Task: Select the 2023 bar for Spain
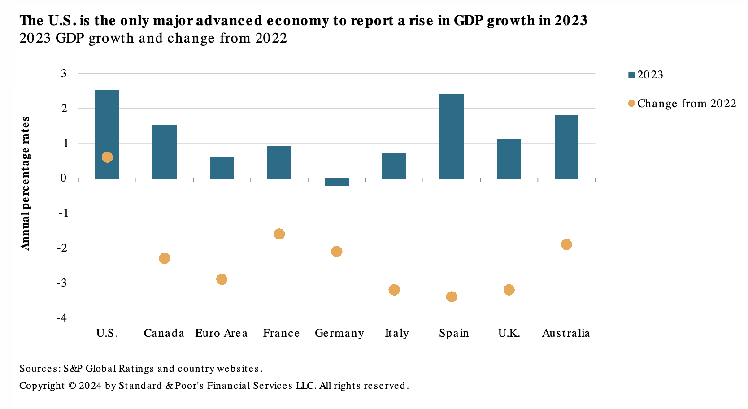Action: pyautogui.click(x=451, y=136)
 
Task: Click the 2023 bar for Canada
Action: pyautogui.click(x=164, y=152)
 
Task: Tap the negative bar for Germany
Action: pyautogui.click(x=336, y=182)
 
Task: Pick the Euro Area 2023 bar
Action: pyautogui.click(x=222, y=167)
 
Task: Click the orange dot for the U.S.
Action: pyautogui.click(x=107, y=157)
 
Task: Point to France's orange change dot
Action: pyautogui.click(x=279, y=234)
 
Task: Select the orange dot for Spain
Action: pyautogui.click(x=452, y=297)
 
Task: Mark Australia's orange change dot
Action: pyautogui.click(x=566, y=244)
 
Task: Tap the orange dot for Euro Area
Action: pyautogui.click(x=222, y=279)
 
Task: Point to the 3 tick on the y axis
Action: pyautogui.click(x=64, y=73)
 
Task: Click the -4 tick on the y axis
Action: pyautogui.click(x=62, y=318)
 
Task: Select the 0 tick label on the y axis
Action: pyautogui.click(x=64, y=178)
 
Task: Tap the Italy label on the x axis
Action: pyautogui.click(x=396, y=333)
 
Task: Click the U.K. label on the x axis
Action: pyautogui.click(x=509, y=333)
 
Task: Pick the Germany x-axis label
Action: pyautogui.click(x=339, y=334)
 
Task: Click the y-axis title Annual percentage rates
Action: pyautogui.click(x=25, y=183)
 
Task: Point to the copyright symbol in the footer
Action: pyautogui.click(x=72, y=386)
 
